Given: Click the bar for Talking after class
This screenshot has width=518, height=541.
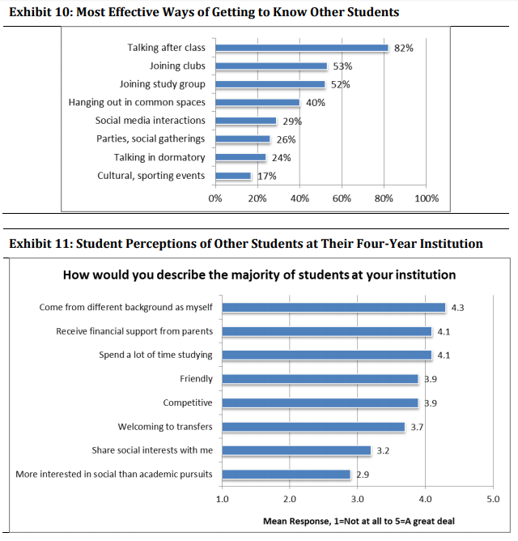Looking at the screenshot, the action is pos(302,48).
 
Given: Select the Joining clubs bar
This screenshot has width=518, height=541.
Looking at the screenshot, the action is pos(271,66).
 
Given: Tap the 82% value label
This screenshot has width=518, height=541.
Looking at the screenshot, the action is pos(404,48).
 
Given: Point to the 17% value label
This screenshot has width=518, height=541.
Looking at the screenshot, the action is pos(267,176).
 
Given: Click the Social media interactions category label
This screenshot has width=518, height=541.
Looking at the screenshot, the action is pos(150,121).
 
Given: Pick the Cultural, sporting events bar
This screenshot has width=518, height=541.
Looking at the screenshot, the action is pos(233,176).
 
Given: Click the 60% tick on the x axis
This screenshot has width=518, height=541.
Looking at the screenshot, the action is pos(342,198).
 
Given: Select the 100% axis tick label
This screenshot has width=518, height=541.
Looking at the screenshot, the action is pos(427,198).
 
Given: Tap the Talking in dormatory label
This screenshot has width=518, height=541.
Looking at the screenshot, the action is pos(159,157).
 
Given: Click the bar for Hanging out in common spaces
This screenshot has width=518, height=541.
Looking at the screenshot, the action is pos(257,103).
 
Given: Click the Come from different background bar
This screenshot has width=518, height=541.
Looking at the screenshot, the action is pos(333,308).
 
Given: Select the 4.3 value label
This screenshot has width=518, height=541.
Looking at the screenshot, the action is pos(457,308).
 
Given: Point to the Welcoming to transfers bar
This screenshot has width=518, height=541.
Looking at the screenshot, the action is pos(313,427).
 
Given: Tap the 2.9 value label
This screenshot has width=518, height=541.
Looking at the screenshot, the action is pos(363,475).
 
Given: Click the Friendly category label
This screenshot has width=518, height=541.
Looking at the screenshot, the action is pos(196,379).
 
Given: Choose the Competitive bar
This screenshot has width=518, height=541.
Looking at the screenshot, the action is pos(320,403).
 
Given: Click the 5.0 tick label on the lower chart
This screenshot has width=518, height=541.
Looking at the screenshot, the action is pos(493,499).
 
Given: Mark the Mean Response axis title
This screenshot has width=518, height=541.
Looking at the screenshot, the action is pos(359,521).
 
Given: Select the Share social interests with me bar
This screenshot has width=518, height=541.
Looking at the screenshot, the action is pos(296,450).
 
